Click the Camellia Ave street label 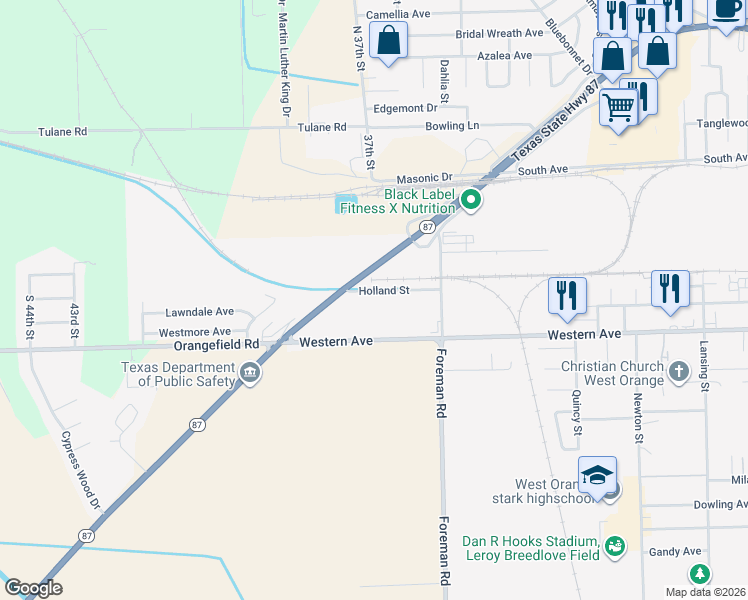click(397, 15)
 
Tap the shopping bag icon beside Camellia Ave click(388, 41)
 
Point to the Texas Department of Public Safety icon click(249, 374)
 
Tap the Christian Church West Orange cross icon click(678, 372)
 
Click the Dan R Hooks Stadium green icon click(615, 544)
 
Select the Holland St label click(385, 291)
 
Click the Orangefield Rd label click(217, 343)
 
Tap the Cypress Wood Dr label click(81, 470)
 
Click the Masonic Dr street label click(426, 177)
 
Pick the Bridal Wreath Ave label click(499, 34)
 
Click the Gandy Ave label click(677, 551)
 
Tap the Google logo click(33, 588)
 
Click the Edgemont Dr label click(406, 108)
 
